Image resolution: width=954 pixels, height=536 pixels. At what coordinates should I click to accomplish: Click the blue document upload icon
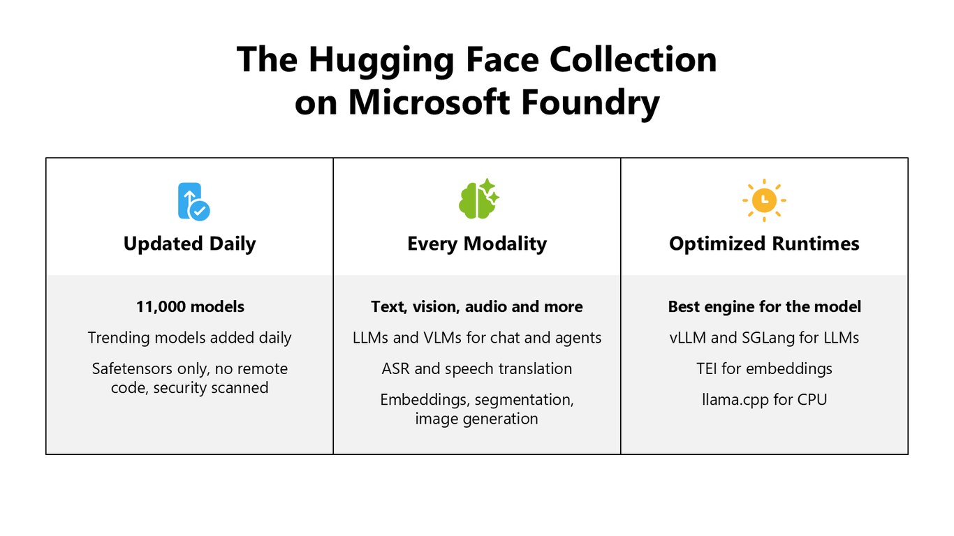pos(193,202)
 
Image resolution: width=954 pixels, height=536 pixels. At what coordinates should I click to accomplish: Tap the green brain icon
pos(478,199)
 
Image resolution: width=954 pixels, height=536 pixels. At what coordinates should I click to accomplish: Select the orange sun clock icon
pos(764,200)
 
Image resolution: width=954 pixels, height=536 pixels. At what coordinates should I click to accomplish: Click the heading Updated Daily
pos(189,244)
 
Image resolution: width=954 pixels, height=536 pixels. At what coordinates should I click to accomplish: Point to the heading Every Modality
pos(477,244)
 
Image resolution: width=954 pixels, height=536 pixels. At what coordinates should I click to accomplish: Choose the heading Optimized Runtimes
pos(764,244)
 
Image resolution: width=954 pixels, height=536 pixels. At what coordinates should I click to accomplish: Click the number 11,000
pos(161,307)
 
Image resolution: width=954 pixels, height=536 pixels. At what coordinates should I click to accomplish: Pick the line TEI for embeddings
pos(764,369)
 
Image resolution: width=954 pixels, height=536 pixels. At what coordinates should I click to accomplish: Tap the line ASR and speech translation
pos(477,369)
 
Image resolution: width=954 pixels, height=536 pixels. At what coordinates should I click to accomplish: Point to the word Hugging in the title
pos(381,61)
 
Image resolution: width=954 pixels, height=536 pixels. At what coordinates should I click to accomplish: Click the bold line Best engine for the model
pos(764,307)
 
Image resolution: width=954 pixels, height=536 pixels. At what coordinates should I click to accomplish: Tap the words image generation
pos(476,419)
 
